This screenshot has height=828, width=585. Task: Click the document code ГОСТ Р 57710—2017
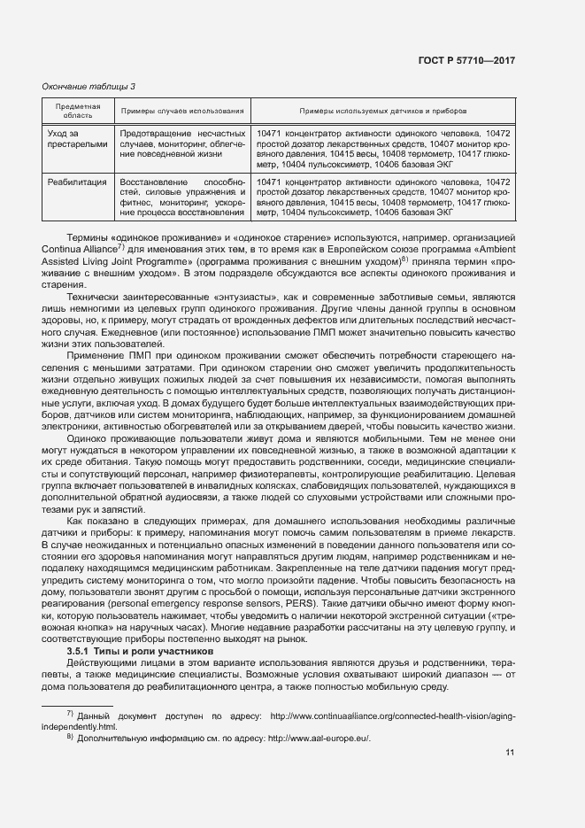point(466,60)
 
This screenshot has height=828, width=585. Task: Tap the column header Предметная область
point(78,111)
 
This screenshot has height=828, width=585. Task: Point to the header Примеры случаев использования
point(182,111)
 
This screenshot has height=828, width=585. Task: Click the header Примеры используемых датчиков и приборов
point(382,111)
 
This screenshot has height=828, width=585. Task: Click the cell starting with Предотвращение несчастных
point(182,143)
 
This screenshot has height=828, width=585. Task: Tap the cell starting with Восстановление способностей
point(182,197)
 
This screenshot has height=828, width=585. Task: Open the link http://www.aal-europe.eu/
point(319,738)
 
